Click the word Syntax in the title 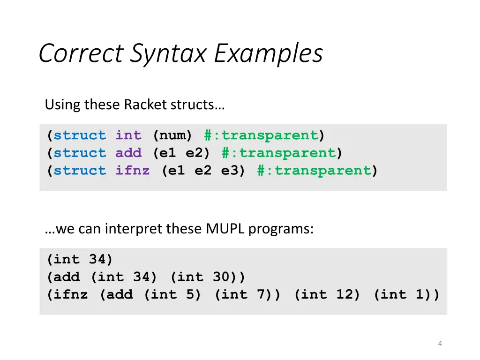pyautogui.click(x=168, y=53)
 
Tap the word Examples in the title pyautogui.click(x=269, y=53)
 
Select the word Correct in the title pyautogui.click(x=81, y=53)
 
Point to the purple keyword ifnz pyautogui.click(x=133, y=171)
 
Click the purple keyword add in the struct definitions pyautogui.click(x=128, y=153)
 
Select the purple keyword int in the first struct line pyautogui.click(x=128, y=135)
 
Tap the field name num pyautogui.click(x=172, y=135)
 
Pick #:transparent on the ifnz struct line pyautogui.click(x=314, y=171)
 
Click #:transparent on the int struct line pyautogui.click(x=261, y=135)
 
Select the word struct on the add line pyautogui.click(x=80, y=153)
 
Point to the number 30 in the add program pyautogui.click(x=221, y=277)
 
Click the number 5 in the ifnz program pyautogui.click(x=190, y=295)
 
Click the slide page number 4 pyautogui.click(x=440, y=344)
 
